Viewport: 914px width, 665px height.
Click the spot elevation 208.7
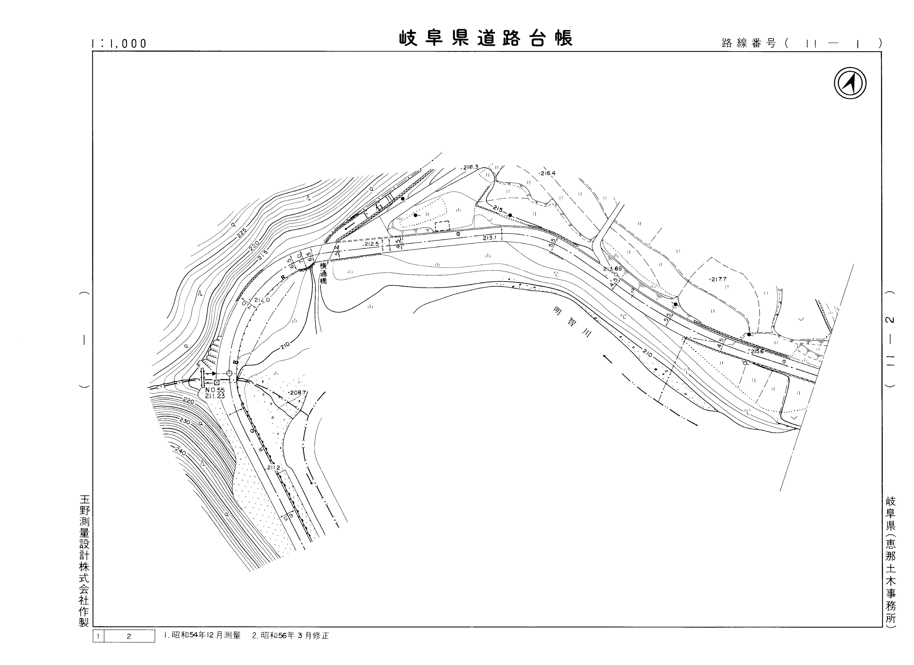click(298, 392)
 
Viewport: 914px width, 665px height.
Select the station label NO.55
click(215, 390)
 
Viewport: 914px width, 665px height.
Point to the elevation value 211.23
click(215, 396)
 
